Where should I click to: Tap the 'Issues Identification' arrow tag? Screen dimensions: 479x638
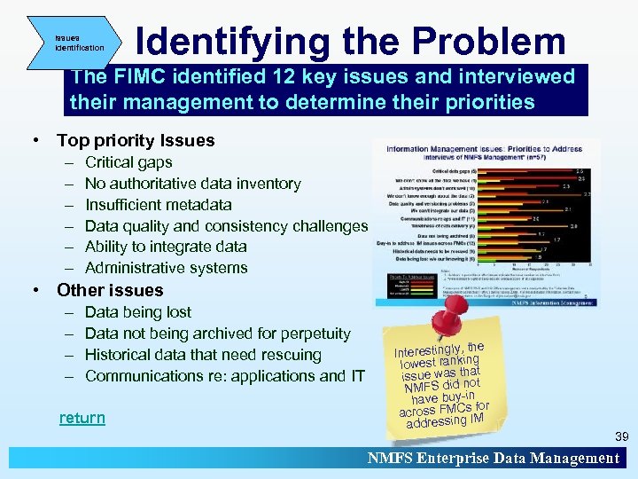tap(77, 43)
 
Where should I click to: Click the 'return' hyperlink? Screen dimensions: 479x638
tap(82, 418)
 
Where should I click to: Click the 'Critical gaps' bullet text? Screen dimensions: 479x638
tap(128, 162)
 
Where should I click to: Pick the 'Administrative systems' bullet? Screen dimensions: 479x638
tap(166, 268)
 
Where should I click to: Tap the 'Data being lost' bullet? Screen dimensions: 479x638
tap(137, 312)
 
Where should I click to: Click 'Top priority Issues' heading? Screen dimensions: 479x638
tap(135, 140)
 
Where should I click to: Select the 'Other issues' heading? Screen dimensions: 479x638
tap(110, 290)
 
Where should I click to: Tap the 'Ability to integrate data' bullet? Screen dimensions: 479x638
tap(166, 247)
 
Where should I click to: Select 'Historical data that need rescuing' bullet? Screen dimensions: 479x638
tap(203, 355)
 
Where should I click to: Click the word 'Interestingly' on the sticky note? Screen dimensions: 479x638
tap(428, 352)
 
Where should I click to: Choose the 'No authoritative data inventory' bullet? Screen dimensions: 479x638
tap(192, 184)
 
